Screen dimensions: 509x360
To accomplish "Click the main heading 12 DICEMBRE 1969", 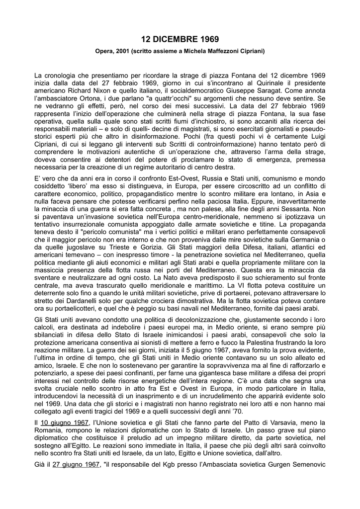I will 180,39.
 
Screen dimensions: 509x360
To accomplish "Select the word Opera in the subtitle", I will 104,51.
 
